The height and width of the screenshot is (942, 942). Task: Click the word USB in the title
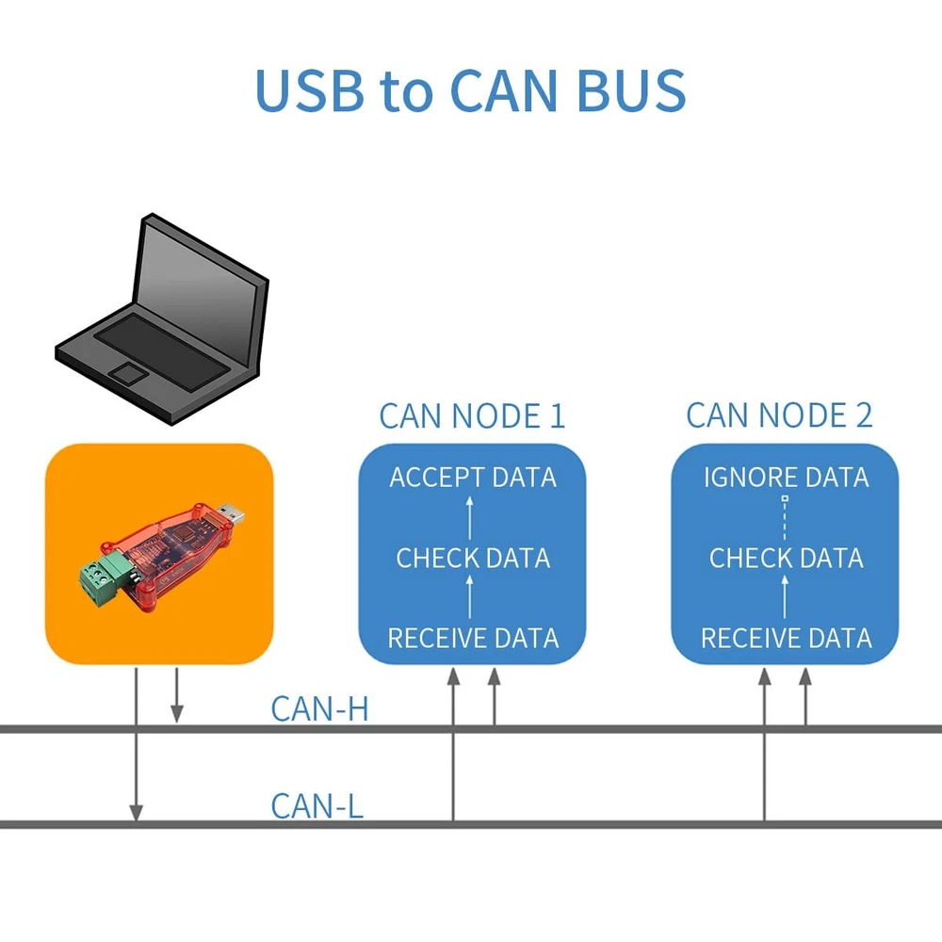click(309, 90)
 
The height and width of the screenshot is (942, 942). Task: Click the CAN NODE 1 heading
click(472, 415)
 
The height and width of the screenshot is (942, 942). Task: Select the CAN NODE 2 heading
click(779, 414)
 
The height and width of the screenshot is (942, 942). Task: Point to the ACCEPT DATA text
click(473, 478)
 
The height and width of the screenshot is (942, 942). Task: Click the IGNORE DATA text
click(786, 478)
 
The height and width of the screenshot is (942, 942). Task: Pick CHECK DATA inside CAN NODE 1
click(473, 558)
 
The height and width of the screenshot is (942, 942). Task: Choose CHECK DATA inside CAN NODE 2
click(786, 558)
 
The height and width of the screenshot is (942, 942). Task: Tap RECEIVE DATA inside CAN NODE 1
click(473, 638)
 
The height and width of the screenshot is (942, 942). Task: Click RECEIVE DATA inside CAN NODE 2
click(786, 638)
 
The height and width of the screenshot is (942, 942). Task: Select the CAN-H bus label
click(318, 708)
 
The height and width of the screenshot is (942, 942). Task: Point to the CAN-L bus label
click(317, 806)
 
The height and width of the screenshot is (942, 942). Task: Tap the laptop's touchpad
click(128, 374)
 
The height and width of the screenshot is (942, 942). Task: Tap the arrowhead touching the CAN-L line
click(136, 812)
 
